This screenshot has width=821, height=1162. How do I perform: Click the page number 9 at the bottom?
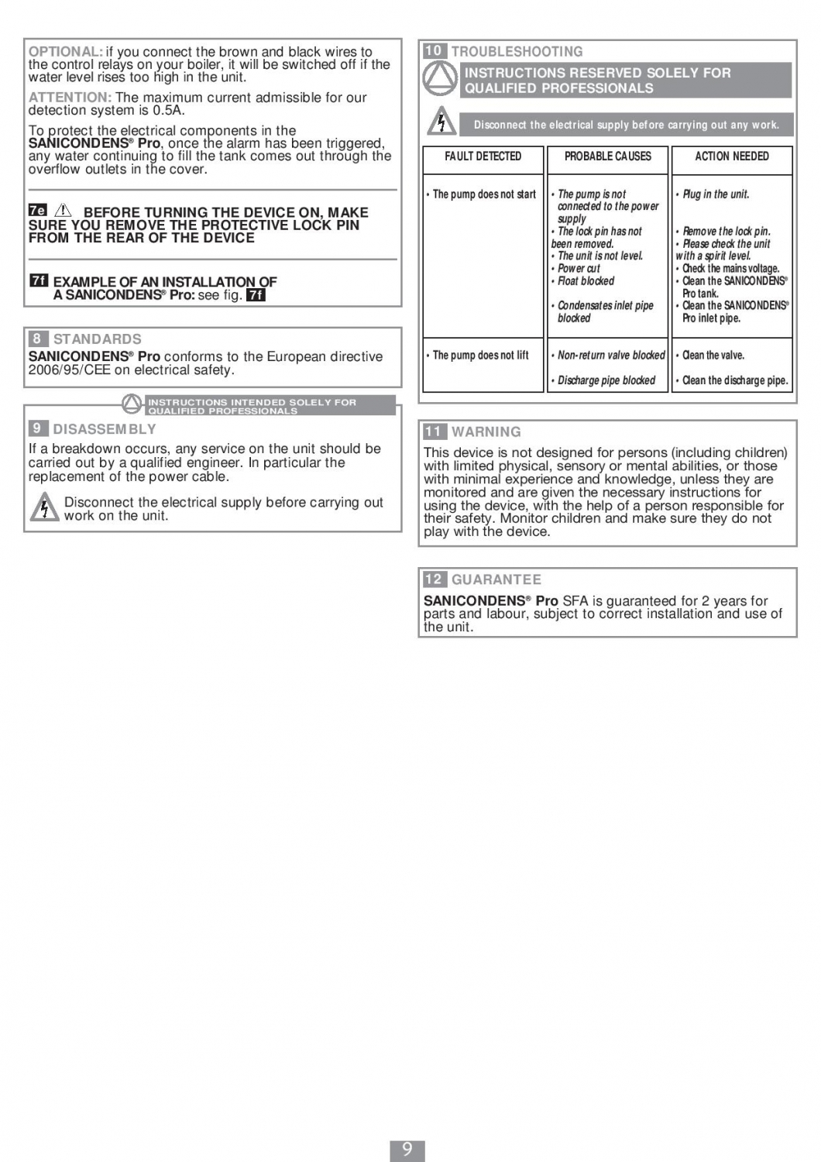point(407,1150)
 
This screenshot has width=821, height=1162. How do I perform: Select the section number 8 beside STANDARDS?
point(37,339)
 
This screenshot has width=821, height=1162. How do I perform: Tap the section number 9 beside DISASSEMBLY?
point(37,428)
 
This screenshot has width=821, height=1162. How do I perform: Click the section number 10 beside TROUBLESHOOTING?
point(434,51)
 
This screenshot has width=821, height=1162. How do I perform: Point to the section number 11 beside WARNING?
point(434,431)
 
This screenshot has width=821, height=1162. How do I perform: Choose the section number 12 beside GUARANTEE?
point(434,579)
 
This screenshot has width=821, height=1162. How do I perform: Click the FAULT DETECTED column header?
point(483,156)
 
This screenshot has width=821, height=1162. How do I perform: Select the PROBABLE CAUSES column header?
point(607,156)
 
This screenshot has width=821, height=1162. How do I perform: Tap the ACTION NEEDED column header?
point(731,156)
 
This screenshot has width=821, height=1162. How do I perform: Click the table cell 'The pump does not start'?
point(483,194)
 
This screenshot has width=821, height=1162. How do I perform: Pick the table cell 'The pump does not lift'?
point(480,356)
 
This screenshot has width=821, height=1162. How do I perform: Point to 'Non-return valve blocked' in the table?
point(610,356)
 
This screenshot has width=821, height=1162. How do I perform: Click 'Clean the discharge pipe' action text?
point(734,380)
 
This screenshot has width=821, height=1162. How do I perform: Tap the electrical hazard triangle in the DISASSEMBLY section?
point(44,507)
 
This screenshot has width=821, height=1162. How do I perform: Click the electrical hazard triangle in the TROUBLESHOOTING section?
point(441,122)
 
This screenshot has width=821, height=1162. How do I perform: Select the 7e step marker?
point(37,210)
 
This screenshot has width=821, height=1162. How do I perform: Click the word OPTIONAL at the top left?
point(65,52)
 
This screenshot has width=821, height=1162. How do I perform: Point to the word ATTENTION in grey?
point(70,98)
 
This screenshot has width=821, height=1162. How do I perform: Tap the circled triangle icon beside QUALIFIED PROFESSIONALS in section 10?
point(439,78)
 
